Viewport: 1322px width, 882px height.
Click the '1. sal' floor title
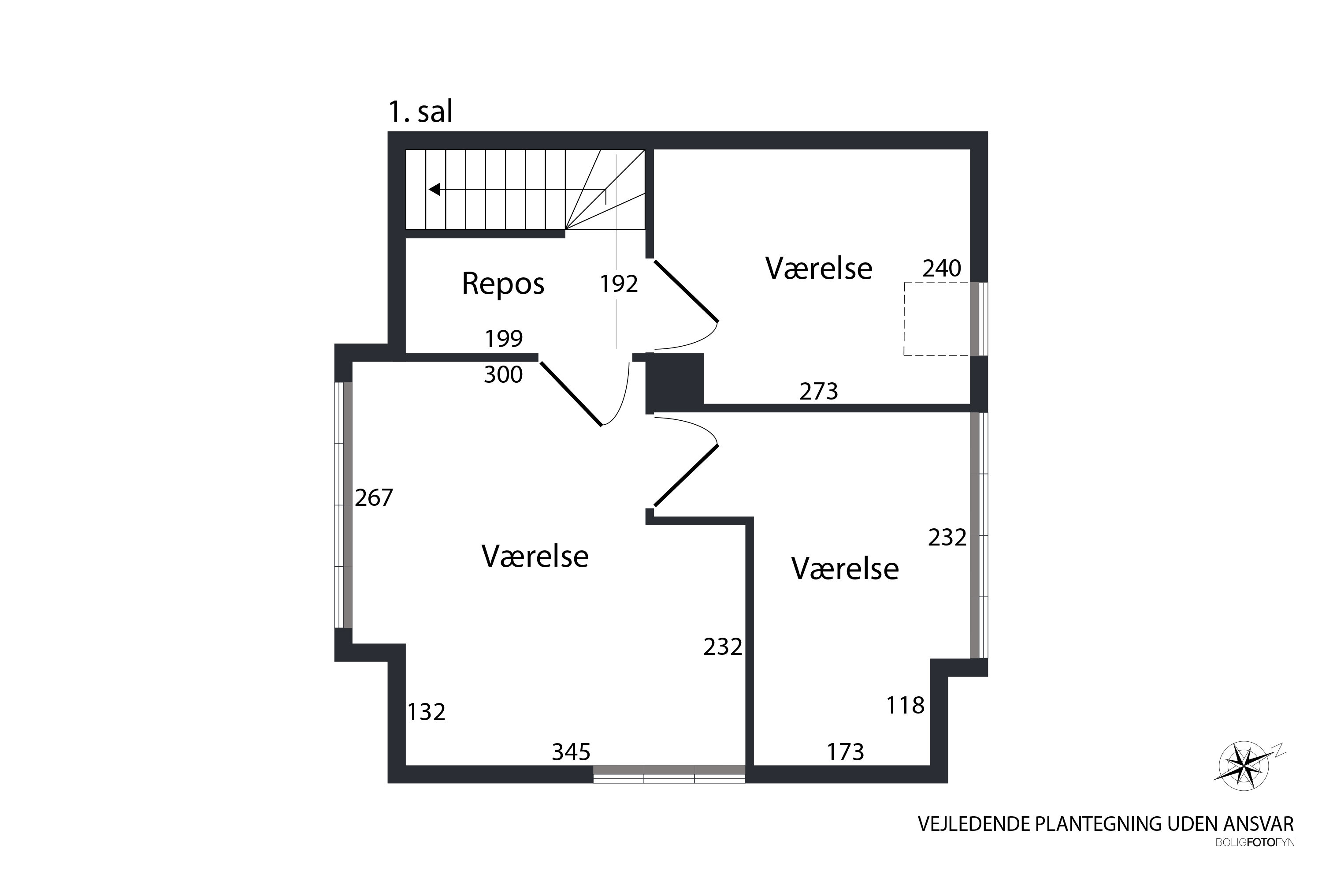click(420, 112)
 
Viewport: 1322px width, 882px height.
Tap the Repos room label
click(503, 284)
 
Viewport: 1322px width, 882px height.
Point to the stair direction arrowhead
click(434, 190)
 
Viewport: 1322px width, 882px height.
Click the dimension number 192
click(618, 284)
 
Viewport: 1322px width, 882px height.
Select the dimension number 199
click(504, 338)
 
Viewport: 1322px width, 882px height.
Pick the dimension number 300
click(503, 374)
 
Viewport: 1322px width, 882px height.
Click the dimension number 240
click(941, 268)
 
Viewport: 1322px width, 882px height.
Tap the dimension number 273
click(818, 391)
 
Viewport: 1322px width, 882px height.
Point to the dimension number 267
click(374, 497)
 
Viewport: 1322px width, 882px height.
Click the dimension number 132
click(426, 712)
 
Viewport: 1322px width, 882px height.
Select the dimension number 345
click(571, 751)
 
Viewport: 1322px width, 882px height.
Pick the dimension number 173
click(845, 751)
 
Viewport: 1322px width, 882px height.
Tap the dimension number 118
click(905, 705)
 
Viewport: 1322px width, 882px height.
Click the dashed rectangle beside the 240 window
click(904, 319)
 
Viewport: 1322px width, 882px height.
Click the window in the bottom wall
click(669, 774)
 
